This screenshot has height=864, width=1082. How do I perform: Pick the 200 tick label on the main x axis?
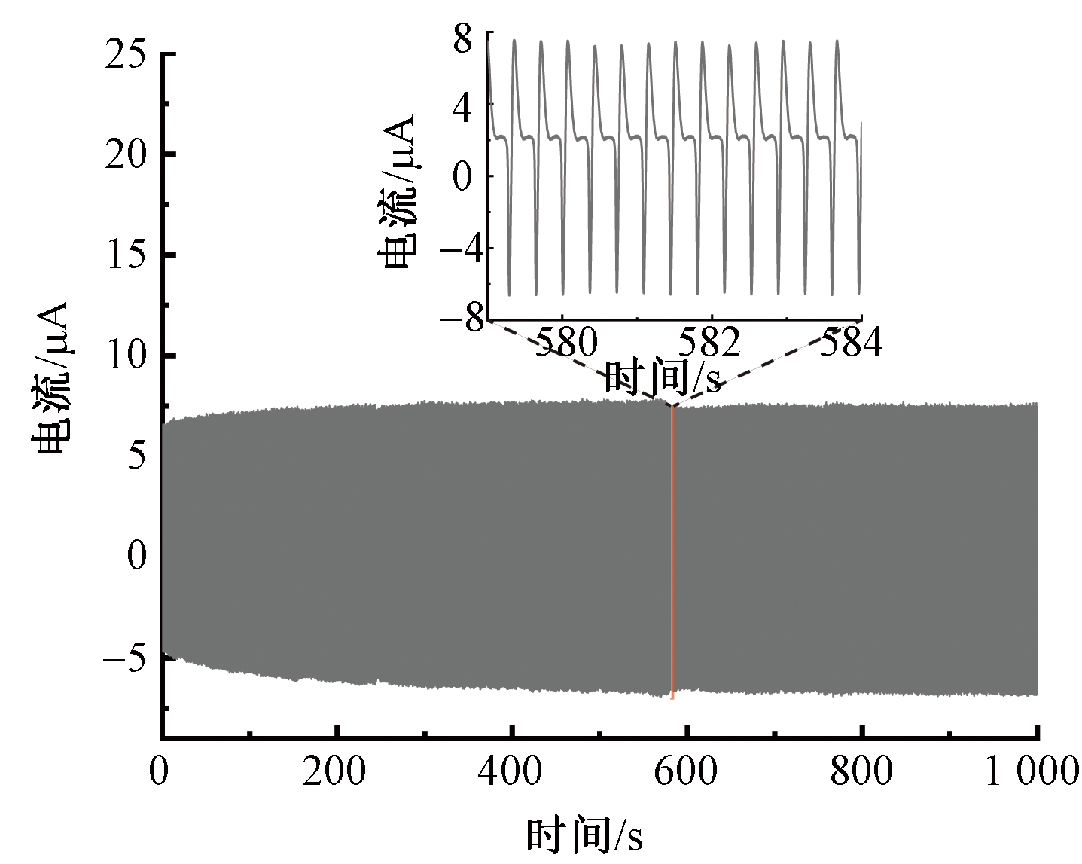point(334,771)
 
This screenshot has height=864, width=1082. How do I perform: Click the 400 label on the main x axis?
point(511,771)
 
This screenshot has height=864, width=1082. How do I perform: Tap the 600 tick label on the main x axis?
point(687,771)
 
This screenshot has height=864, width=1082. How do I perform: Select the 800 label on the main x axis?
point(862,771)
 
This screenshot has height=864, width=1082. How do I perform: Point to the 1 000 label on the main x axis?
point(1032,771)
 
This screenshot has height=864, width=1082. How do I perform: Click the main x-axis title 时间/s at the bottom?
point(584,835)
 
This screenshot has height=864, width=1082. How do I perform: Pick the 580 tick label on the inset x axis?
point(565,343)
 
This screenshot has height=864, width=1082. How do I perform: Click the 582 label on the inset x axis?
point(709,343)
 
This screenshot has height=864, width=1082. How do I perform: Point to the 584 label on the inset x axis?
point(851,343)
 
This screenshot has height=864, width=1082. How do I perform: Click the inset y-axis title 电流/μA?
point(399,193)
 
